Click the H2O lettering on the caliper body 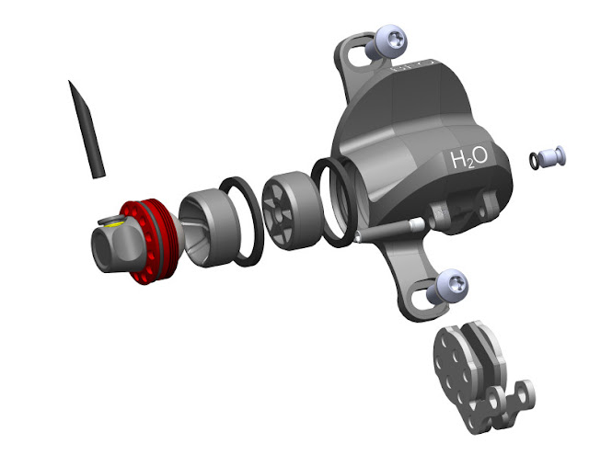(x=469, y=158)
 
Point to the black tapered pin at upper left (x=87, y=130)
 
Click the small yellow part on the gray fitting (x=112, y=224)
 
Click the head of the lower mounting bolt (x=452, y=284)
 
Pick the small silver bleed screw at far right (x=552, y=156)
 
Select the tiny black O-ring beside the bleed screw (x=534, y=160)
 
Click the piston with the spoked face (x=292, y=210)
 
